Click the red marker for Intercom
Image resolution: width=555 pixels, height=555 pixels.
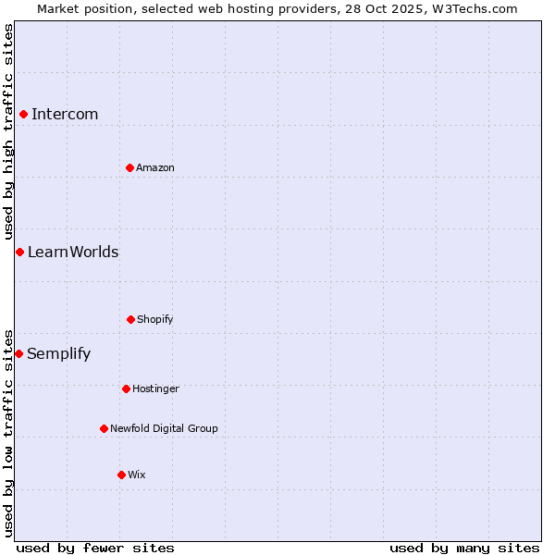click(23, 114)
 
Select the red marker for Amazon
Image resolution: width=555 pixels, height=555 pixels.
click(129, 167)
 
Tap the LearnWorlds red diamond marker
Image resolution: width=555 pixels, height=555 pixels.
click(19, 252)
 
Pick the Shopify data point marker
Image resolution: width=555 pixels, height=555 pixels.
click(130, 319)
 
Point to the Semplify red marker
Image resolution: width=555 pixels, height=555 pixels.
click(18, 353)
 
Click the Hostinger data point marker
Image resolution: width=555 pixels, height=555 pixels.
click(126, 388)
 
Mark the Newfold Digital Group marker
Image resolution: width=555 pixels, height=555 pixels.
click(104, 428)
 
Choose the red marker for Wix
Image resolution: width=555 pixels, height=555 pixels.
click(121, 475)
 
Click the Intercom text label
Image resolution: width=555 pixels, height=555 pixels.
click(65, 114)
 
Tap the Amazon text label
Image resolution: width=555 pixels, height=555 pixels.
click(155, 167)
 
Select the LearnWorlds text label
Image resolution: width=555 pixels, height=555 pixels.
click(73, 252)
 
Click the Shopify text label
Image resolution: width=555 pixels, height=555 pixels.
click(155, 319)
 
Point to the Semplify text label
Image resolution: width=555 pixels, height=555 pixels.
click(59, 353)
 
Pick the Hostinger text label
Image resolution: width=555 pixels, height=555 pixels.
click(155, 388)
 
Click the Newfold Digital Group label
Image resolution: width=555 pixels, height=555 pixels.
click(164, 428)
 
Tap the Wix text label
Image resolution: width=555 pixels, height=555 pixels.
click(137, 475)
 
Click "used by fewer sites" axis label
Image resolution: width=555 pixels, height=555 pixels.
click(95, 548)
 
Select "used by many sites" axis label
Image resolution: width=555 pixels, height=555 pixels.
click(464, 548)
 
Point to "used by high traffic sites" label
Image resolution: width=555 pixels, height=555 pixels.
click(8, 131)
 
